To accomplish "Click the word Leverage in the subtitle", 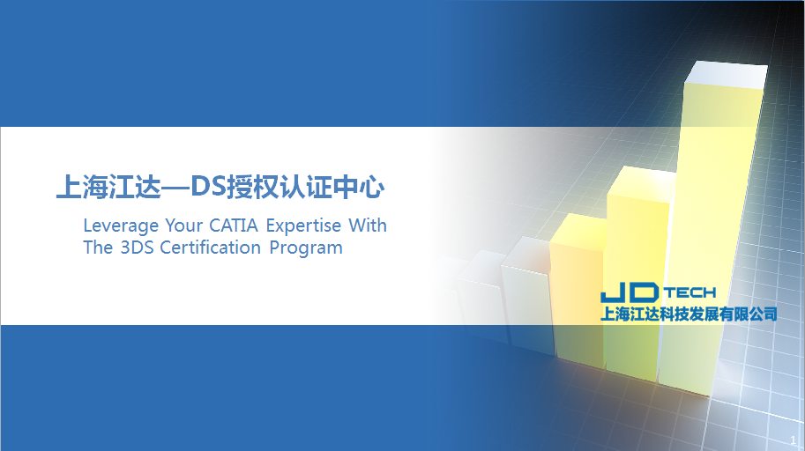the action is (121, 225).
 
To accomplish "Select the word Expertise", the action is (303, 225).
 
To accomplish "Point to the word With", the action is (368, 225).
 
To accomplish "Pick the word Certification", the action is (211, 248).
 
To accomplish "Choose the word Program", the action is (306, 248).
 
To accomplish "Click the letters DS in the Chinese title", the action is (208, 187).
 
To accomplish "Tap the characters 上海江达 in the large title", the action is (108, 187).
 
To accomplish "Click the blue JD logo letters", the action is (630, 292).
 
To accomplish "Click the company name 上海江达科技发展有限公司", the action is (689, 314).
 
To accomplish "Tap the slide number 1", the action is (794, 440).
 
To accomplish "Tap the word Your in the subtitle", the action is (183, 225).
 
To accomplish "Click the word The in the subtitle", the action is (98, 248).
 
